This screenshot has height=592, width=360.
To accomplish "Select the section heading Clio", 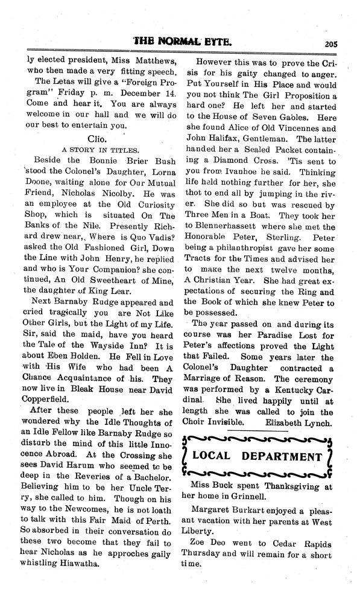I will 96,138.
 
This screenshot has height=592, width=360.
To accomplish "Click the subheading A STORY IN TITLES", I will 96,149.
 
